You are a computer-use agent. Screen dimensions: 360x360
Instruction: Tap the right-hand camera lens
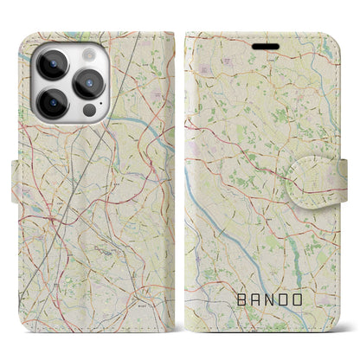[x=87, y=83]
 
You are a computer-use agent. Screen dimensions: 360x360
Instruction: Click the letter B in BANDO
[x=241, y=300]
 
